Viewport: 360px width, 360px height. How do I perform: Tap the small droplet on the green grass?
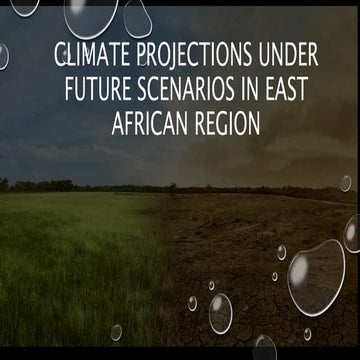(x=116, y=331)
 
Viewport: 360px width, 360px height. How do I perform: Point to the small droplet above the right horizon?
(x=345, y=183)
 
